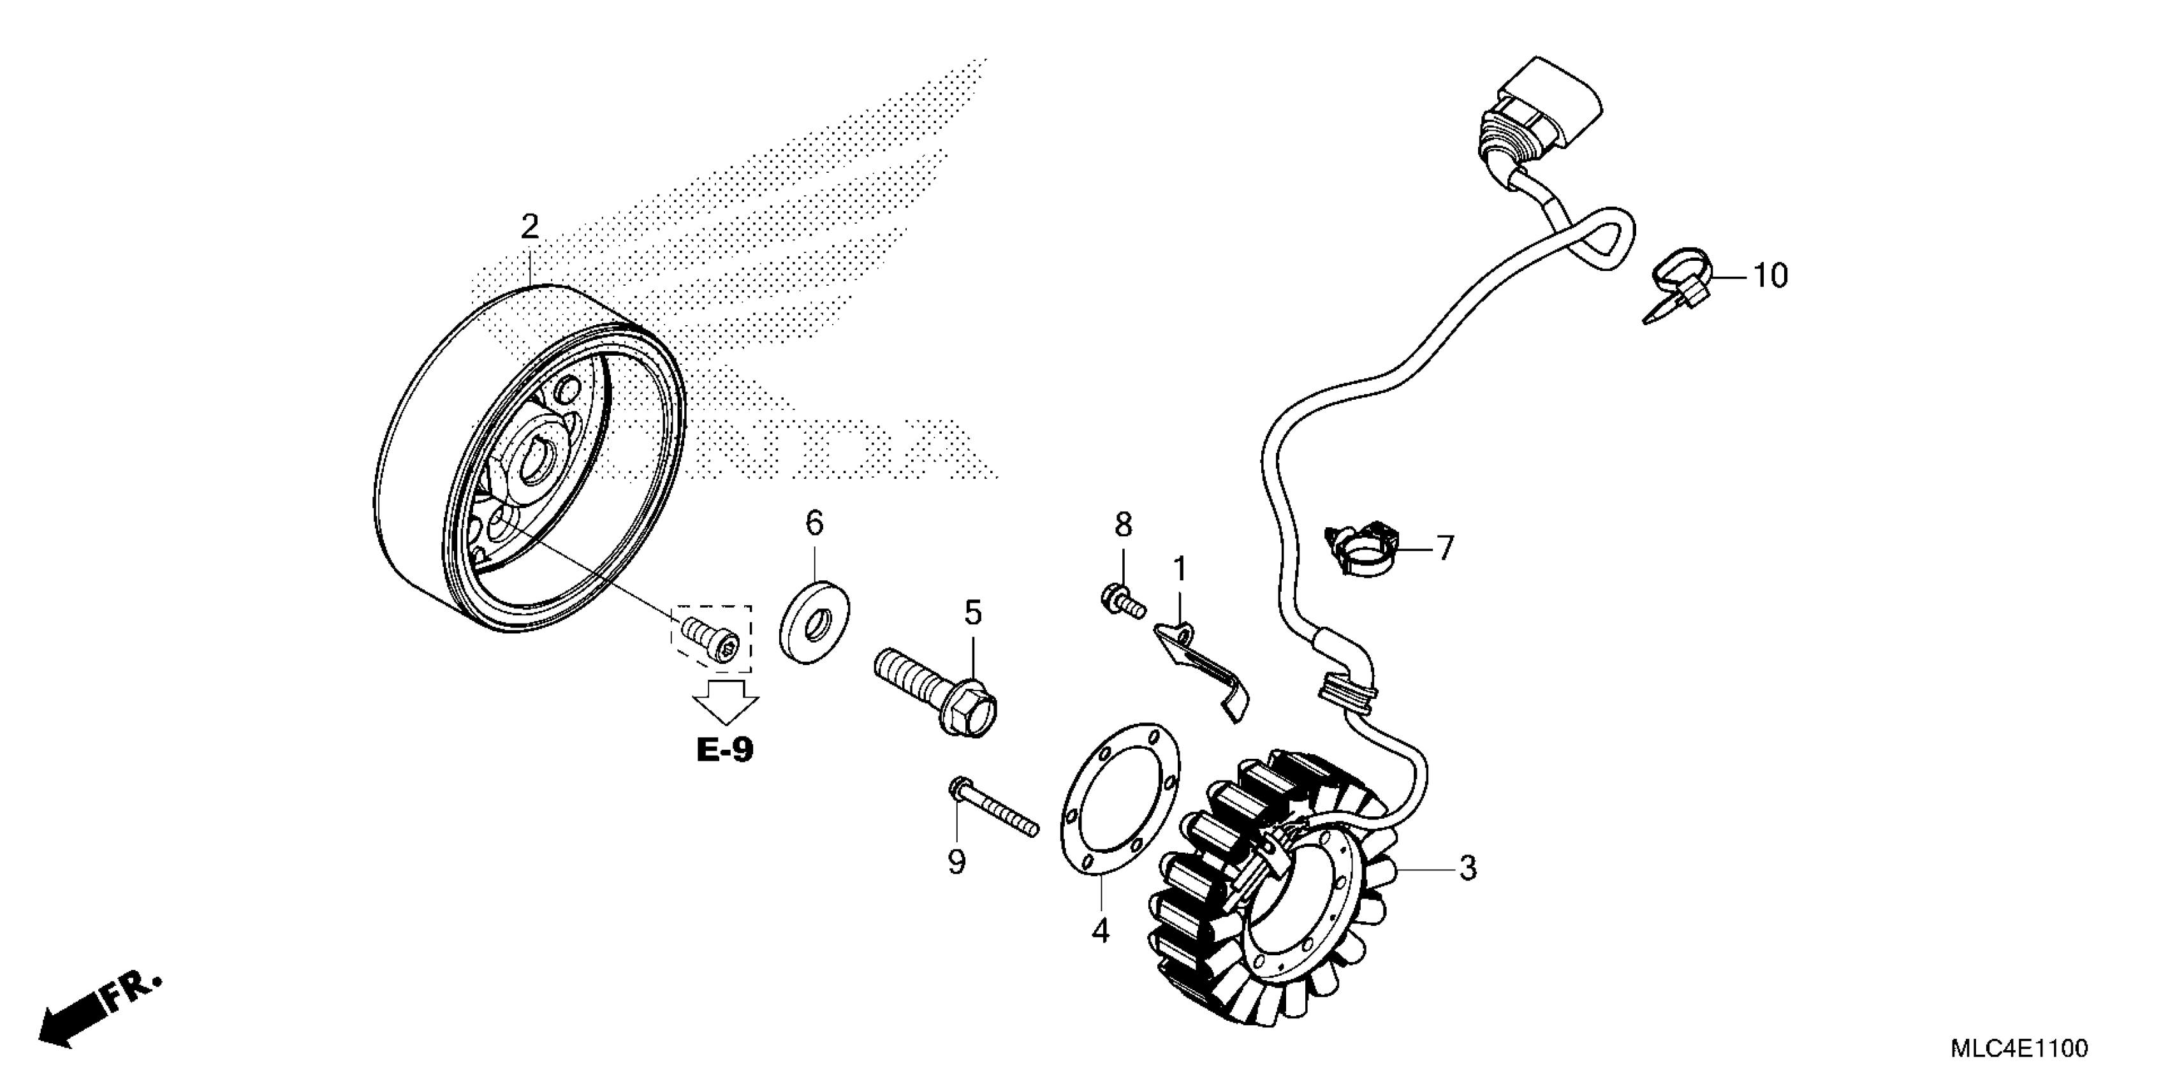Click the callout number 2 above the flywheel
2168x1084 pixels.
click(x=529, y=226)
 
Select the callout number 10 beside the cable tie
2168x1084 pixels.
click(x=1770, y=276)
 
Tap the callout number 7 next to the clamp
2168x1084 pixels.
click(x=1445, y=549)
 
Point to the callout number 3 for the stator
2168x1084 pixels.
click(x=1467, y=868)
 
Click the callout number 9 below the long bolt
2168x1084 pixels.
click(x=956, y=863)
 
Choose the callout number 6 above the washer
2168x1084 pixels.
click(x=814, y=524)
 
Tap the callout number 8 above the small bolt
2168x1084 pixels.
click(x=1123, y=525)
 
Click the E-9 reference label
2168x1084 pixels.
click(x=724, y=750)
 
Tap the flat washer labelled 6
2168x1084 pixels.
click(x=814, y=620)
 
